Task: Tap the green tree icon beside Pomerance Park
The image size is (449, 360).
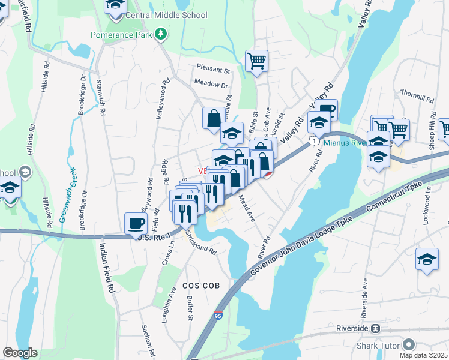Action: (x=160, y=34)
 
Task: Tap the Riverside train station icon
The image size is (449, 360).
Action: (x=376, y=329)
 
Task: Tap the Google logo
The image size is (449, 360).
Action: (x=20, y=353)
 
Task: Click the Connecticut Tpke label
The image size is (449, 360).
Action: (x=397, y=196)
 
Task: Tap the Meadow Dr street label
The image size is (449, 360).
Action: (x=211, y=84)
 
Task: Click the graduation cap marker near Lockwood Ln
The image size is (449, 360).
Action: (x=427, y=259)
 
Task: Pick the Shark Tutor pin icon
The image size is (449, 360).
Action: (x=409, y=344)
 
